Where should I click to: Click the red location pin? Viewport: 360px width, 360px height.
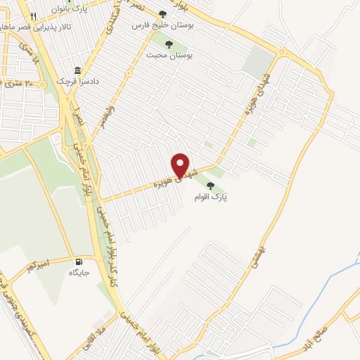[181, 165]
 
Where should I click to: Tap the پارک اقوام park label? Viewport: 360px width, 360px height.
[222, 198]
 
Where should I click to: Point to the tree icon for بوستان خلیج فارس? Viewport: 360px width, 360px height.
[163, 13]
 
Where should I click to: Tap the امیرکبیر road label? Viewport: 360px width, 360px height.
[40, 266]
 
